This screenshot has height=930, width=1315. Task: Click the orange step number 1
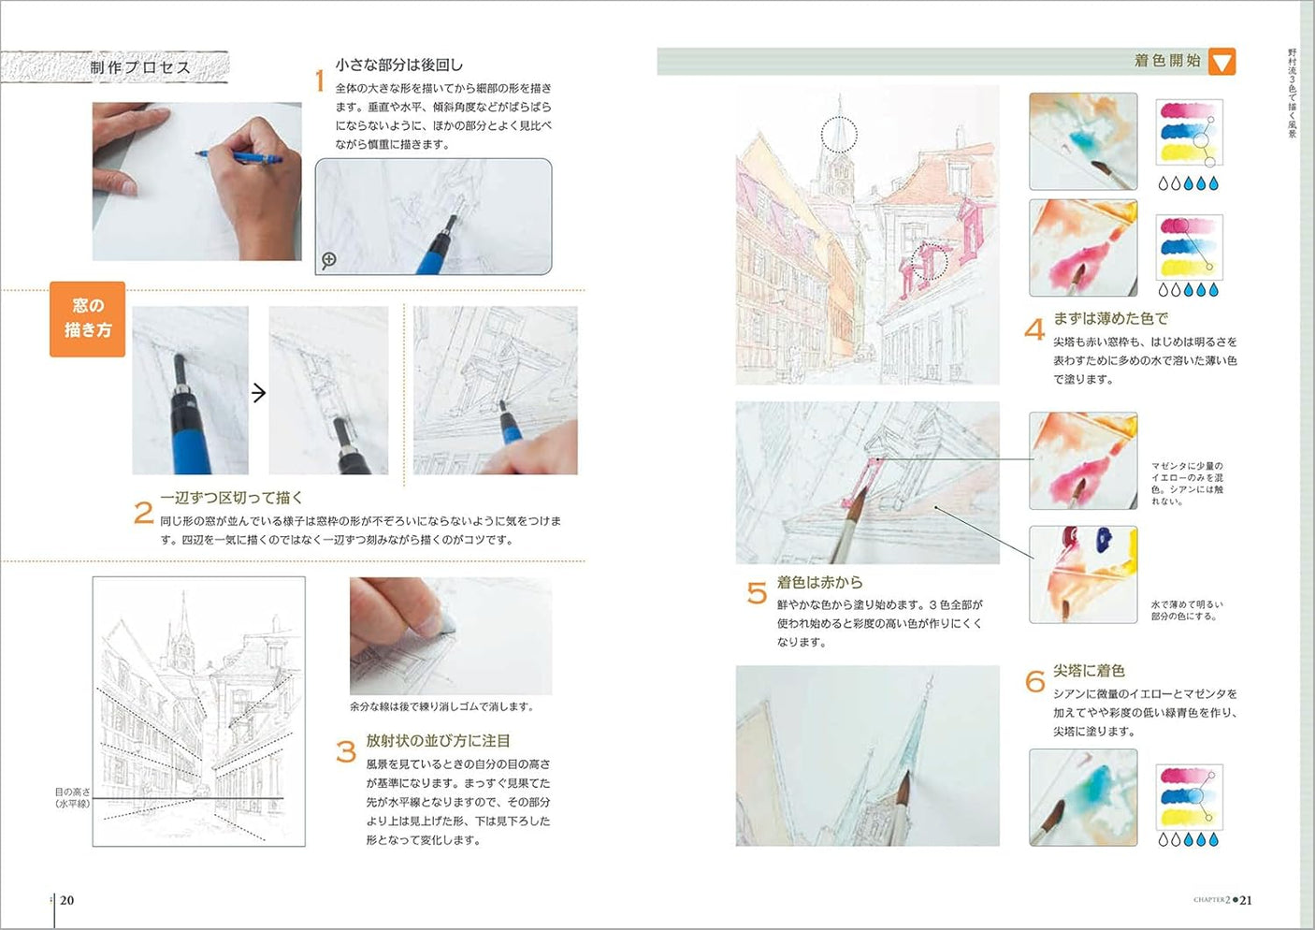[319, 81]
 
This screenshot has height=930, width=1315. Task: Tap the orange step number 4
[1033, 329]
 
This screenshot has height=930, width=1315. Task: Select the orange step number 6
[1034, 681]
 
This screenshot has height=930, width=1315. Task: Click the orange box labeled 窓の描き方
[87, 319]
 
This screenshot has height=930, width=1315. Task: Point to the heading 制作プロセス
[139, 67]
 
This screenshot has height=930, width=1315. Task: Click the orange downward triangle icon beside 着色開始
[1221, 62]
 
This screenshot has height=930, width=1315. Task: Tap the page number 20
[66, 900]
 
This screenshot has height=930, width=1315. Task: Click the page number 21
[1246, 900]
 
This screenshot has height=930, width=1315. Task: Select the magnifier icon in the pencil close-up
[329, 260]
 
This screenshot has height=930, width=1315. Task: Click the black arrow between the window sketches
[259, 393]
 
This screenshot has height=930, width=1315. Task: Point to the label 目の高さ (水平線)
[72, 798]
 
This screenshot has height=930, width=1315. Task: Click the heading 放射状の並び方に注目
[438, 740]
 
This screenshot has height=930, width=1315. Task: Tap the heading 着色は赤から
[819, 582]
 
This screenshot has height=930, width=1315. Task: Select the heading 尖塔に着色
[1089, 671]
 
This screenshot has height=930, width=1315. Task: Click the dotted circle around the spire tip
[839, 134]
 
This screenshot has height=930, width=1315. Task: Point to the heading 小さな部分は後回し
[398, 65]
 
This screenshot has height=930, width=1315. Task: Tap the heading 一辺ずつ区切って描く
[231, 498]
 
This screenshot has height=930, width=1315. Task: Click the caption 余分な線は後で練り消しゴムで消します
[441, 706]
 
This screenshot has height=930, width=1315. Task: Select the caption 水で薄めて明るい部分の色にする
[1186, 610]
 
